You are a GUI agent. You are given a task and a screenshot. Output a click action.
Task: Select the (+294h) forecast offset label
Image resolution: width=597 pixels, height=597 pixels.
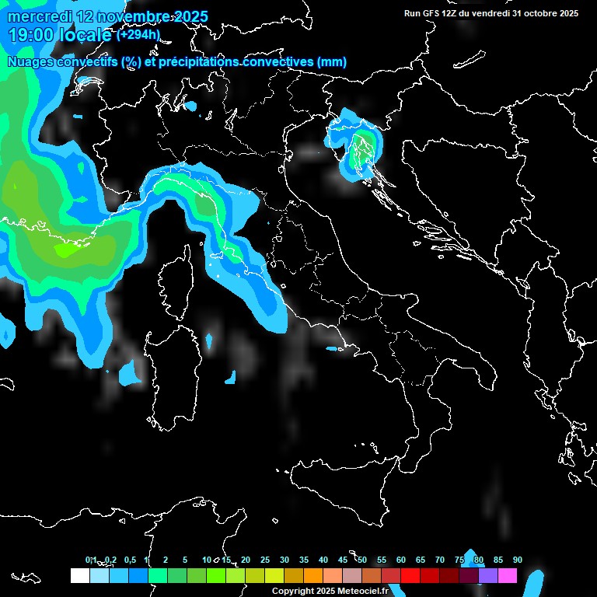point(138,35)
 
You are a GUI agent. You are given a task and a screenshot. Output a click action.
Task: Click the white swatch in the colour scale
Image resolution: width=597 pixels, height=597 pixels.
point(79,575)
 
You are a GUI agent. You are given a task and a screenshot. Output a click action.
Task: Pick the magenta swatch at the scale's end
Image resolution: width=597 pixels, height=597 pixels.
point(508,575)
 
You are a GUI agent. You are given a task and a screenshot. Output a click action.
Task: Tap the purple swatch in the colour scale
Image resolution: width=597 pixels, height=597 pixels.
point(488,575)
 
